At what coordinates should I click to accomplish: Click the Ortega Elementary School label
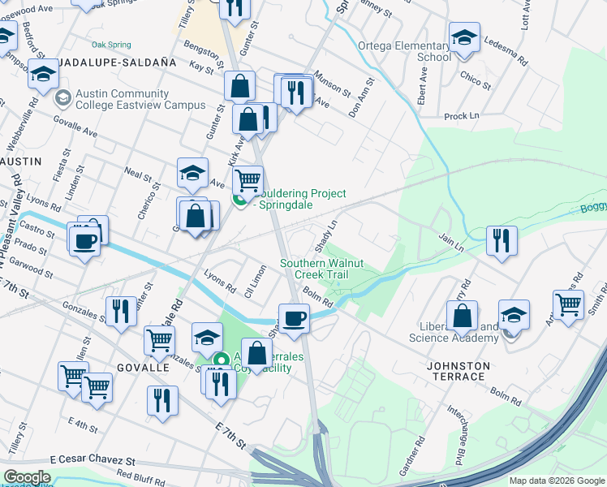(404, 51)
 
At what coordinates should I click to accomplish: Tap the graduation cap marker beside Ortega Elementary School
(464, 38)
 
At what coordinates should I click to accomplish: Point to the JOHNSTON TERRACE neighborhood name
(458, 366)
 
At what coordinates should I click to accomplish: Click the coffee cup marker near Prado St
(85, 242)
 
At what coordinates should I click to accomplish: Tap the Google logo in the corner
(27, 477)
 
